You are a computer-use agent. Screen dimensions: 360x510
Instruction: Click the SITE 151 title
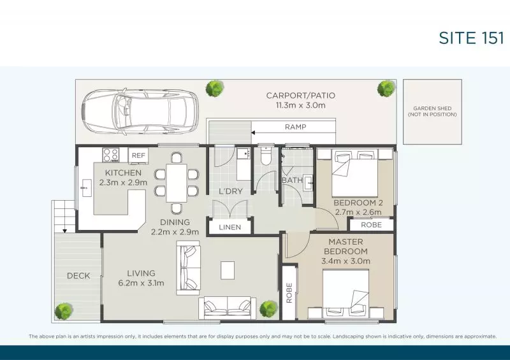pos(471,38)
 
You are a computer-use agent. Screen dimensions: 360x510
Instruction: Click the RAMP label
pos(295,127)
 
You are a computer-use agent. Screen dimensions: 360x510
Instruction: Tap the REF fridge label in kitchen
pos(137,154)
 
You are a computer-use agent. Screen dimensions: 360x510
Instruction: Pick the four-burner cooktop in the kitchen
pos(109,154)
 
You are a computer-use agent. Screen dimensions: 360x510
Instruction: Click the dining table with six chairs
pos(176,180)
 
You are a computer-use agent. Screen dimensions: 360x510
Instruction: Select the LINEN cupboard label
pos(229,227)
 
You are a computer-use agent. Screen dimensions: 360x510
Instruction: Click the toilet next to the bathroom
pos(265,157)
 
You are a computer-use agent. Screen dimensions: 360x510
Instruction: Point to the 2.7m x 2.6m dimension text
pos(358,212)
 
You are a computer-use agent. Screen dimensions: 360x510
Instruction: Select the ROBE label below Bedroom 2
pos(371,224)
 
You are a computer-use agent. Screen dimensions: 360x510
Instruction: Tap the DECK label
pos(78,276)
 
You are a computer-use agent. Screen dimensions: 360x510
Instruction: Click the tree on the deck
pos(64,311)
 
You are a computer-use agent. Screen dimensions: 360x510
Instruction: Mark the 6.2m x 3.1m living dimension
pos(141,283)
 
